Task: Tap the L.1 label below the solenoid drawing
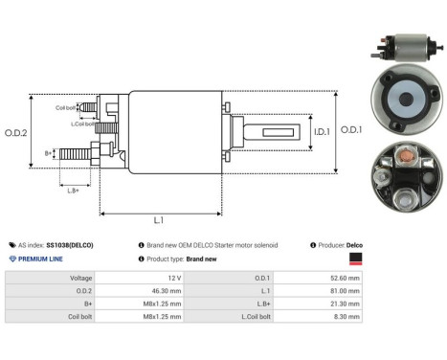[157, 221]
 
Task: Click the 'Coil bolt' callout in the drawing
[66, 107]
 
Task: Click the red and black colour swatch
[354, 259]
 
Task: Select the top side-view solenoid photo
[408, 43]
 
